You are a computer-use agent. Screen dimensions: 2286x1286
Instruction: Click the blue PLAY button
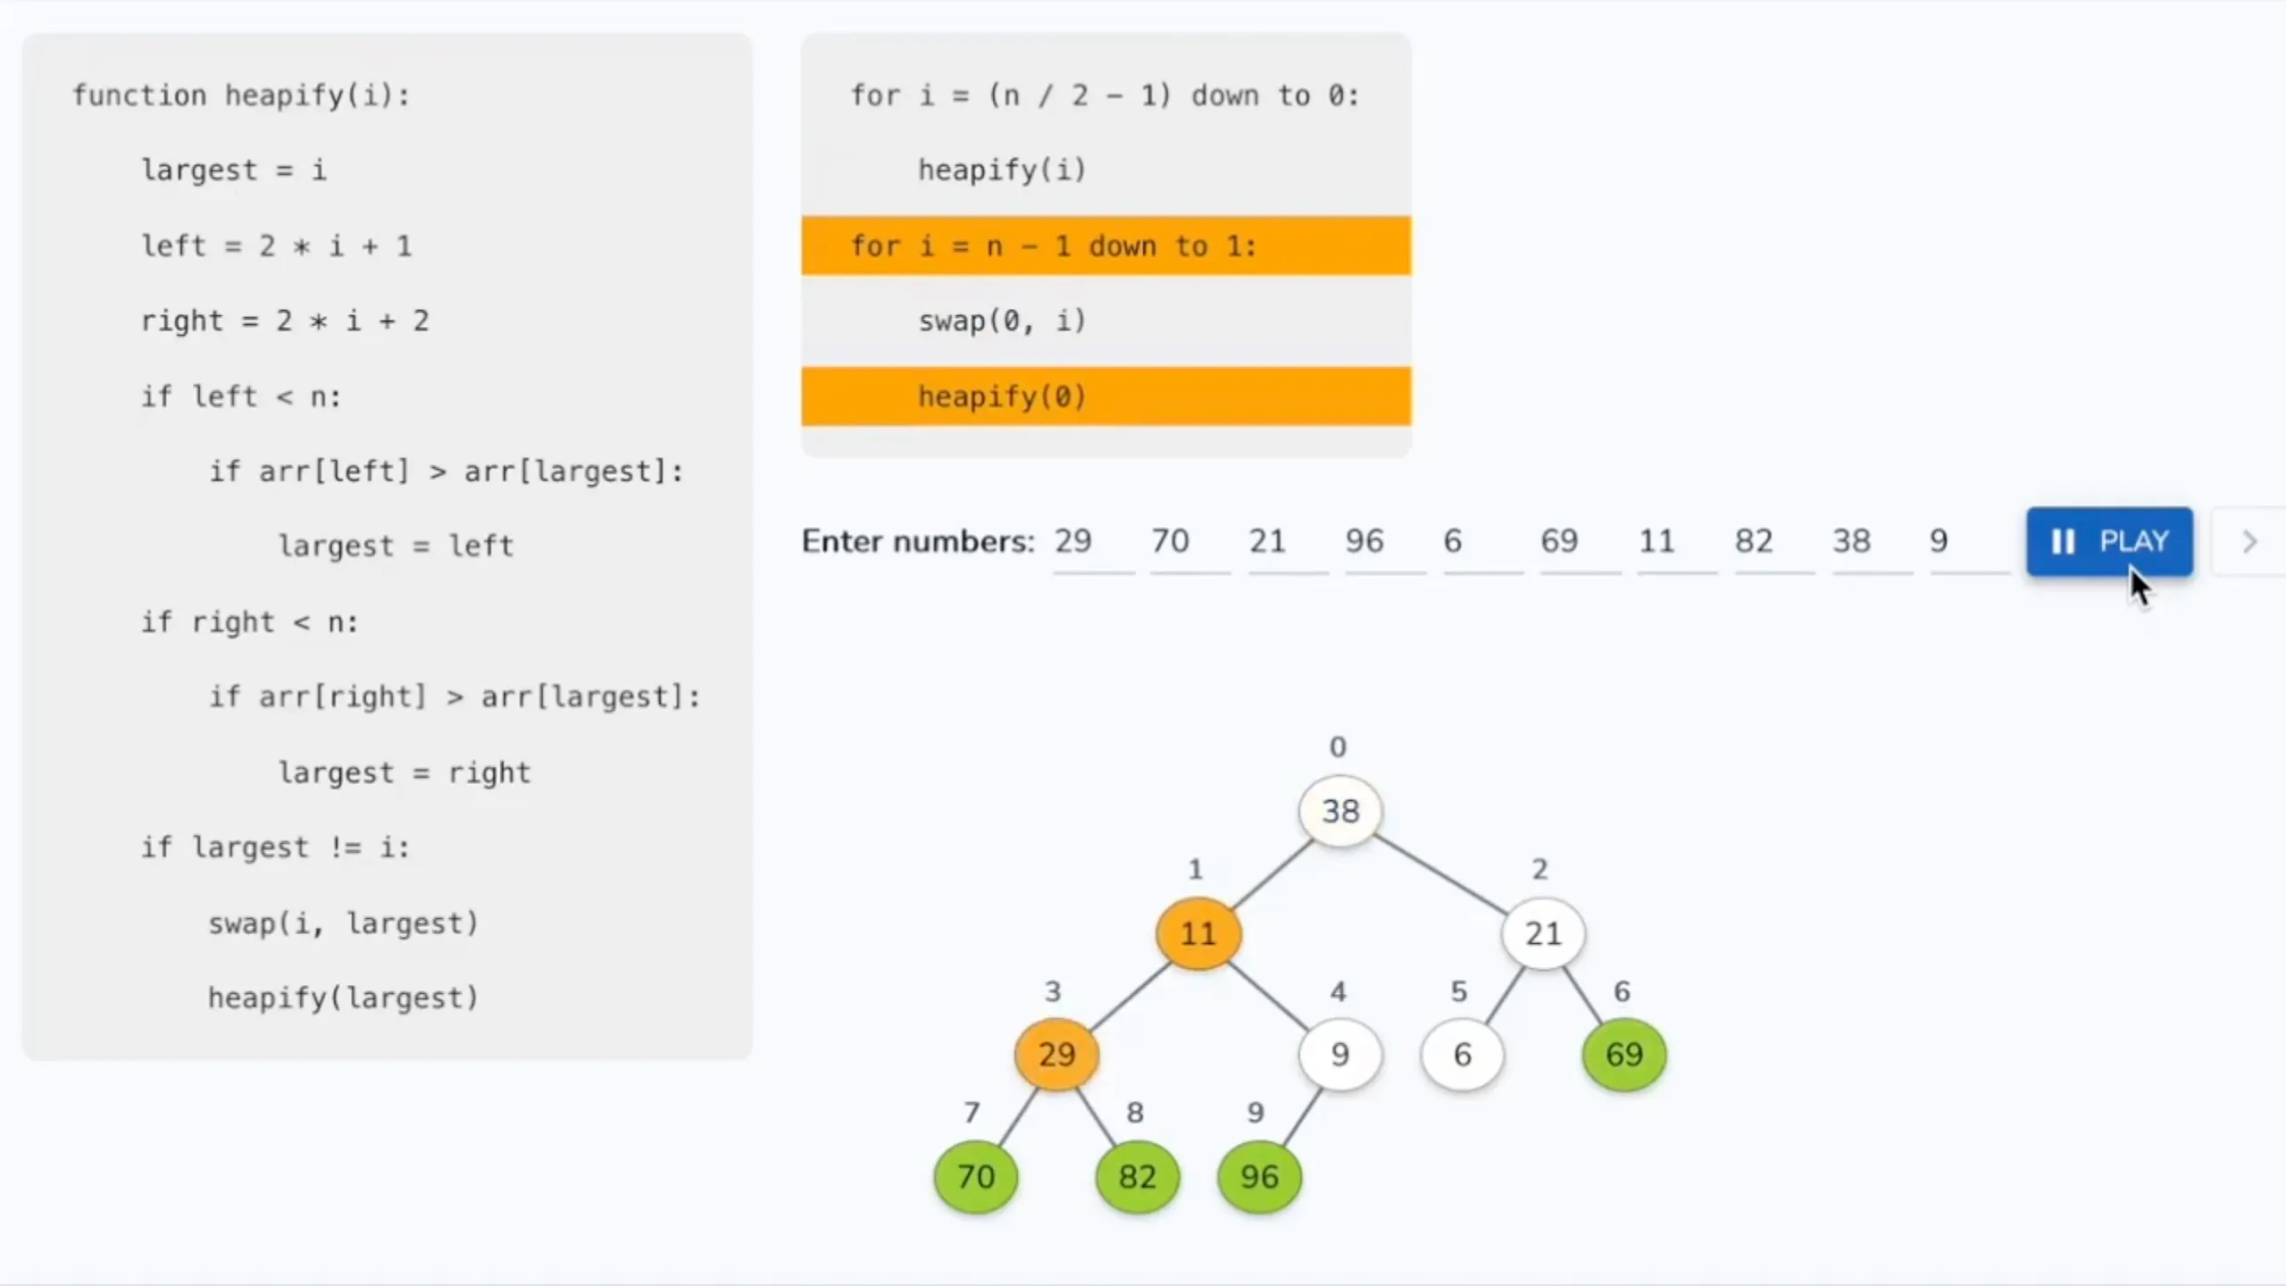coord(2109,541)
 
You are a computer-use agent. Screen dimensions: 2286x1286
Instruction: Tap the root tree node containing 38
coord(1340,811)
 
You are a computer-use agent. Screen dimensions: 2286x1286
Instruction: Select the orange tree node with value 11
coord(1198,933)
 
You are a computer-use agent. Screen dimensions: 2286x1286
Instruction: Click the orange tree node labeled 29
coord(1057,1055)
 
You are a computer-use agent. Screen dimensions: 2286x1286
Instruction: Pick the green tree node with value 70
coord(976,1177)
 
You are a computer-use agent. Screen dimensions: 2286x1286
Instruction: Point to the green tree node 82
coord(1138,1177)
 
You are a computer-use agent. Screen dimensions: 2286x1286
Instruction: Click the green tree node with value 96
coord(1259,1177)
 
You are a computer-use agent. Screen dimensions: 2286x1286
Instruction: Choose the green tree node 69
coord(1624,1055)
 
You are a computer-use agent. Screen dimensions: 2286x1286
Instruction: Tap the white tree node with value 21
coord(1543,933)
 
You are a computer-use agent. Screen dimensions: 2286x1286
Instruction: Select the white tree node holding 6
coord(1462,1055)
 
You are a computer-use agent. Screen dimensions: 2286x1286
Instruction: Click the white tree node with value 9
coord(1340,1055)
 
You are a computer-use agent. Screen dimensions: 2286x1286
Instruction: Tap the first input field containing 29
coord(1093,542)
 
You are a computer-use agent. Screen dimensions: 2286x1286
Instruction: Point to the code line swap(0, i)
coord(1002,321)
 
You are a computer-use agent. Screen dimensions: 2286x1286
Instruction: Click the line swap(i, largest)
coord(344,923)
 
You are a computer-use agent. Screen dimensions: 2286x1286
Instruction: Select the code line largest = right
coord(405,772)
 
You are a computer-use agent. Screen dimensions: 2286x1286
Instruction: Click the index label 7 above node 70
coord(972,1112)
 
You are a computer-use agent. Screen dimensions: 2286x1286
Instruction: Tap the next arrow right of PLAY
coord(2249,541)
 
